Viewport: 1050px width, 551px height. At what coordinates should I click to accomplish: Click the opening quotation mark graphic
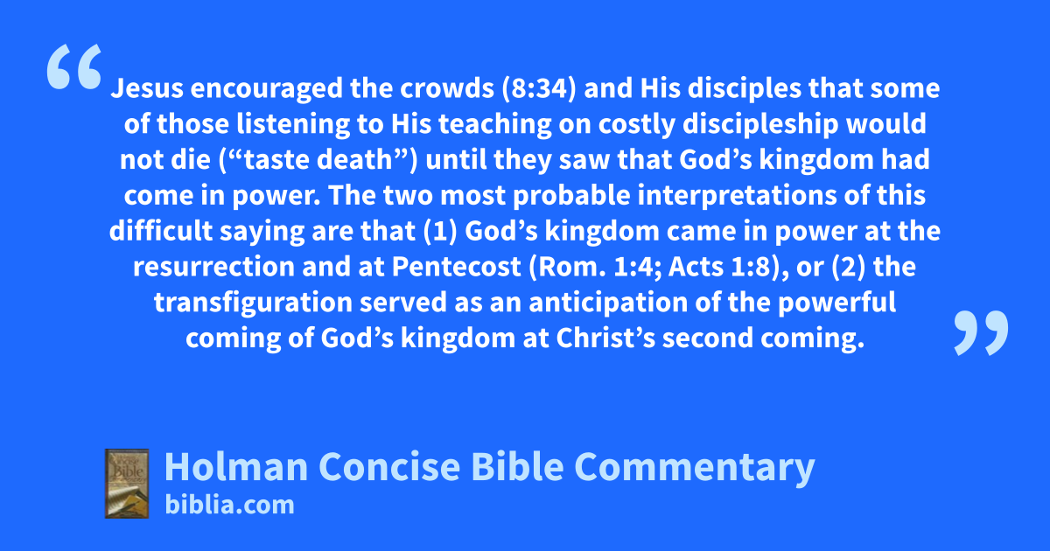coord(74,66)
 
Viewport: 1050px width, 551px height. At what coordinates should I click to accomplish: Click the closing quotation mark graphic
coord(981,332)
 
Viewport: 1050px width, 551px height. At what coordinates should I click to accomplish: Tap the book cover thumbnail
coord(127,484)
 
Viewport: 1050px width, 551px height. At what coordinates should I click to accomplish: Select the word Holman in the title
coord(236,467)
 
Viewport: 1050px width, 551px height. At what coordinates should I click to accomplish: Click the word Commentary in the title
coord(694,468)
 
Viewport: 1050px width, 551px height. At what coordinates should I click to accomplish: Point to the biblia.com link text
coord(229,506)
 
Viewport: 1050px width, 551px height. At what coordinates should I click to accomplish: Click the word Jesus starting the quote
coord(147,88)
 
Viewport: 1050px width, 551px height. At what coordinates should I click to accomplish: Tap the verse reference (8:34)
coord(539,88)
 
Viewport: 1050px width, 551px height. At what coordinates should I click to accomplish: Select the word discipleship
coord(760,123)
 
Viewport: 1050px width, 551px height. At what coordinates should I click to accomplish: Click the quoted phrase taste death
coord(318,159)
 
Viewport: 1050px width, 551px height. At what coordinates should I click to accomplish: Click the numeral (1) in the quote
coord(440,231)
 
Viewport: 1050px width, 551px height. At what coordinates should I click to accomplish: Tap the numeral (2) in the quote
coord(849,267)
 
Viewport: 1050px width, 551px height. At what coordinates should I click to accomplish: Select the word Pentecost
coord(456,267)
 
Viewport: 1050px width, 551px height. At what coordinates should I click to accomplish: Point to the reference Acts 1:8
coord(719,267)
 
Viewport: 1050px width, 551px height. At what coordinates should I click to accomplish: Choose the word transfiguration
coord(253,303)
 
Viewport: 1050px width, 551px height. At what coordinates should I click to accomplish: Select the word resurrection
coord(213,267)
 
